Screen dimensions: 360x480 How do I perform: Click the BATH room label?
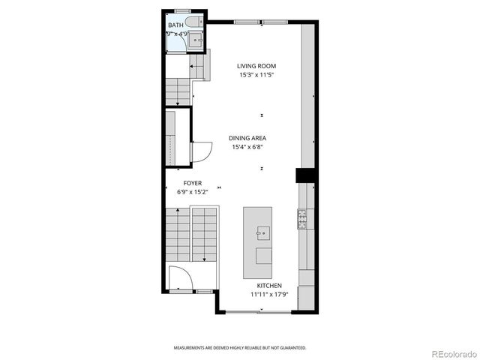[175, 25]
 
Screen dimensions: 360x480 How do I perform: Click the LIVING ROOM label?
[257, 66]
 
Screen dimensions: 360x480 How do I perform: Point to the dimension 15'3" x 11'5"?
[257, 75]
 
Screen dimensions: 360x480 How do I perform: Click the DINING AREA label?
[247, 138]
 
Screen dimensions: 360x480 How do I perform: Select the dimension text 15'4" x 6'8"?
[247, 147]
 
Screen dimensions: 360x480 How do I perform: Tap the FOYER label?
[192, 183]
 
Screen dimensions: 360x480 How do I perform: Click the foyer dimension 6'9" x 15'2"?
[192, 192]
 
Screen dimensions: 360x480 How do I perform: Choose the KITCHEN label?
[269, 286]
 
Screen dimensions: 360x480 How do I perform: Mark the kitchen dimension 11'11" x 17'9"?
[269, 295]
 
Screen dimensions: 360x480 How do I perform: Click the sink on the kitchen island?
[262, 234]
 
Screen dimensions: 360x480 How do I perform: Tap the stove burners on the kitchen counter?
[302, 219]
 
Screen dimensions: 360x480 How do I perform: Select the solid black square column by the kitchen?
[304, 175]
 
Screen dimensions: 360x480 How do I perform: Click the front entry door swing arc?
[180, 279]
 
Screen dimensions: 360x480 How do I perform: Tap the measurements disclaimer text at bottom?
[240, 348]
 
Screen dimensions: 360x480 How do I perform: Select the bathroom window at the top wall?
[182, 10]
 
